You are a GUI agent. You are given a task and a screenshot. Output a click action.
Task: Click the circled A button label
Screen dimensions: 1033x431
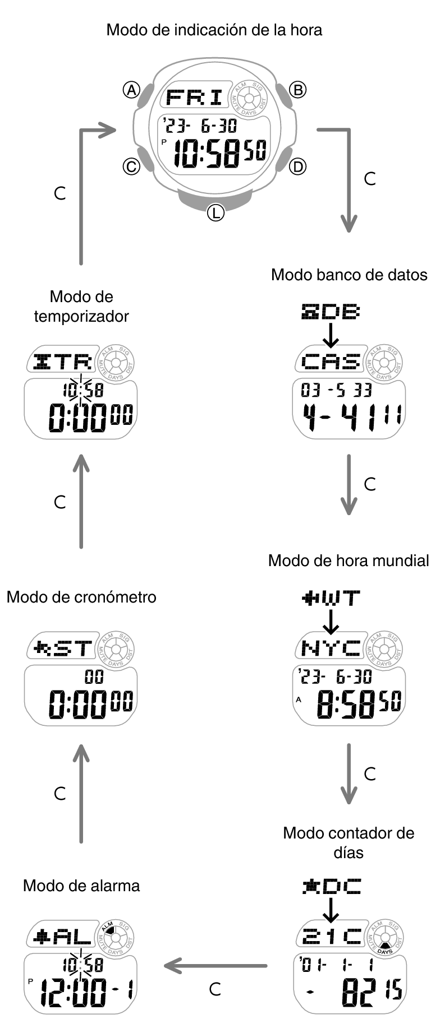click(131, 90)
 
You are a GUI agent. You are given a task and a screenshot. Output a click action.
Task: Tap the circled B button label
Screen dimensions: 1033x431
click(297, 90)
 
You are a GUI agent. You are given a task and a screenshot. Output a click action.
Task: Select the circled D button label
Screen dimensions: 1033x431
click(297, 166)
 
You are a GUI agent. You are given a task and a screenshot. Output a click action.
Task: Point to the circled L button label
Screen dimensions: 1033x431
click(215, 212)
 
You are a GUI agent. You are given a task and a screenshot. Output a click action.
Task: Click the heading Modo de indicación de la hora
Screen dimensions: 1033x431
click(214, 30)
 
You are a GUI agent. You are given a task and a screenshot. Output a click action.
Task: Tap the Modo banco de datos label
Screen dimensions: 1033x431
click(349, 275)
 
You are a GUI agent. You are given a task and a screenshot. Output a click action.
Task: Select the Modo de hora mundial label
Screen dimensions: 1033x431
click(349, 560)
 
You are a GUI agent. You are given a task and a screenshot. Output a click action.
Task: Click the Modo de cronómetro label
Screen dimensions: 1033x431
click(81, 597)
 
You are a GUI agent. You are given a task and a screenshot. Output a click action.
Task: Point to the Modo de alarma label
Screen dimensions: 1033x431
click(81, 886)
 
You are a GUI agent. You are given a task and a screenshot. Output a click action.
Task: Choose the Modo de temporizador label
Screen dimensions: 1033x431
click(81, 306)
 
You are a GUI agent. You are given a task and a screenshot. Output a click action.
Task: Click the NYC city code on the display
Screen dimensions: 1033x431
click(331, 648)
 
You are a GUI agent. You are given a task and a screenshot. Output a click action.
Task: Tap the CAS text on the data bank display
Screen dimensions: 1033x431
click(331, 362)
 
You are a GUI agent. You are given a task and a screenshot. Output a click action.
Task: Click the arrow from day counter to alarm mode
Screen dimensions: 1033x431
click(215, 966)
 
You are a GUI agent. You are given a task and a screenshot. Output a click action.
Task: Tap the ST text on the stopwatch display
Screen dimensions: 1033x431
click(71, 649)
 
